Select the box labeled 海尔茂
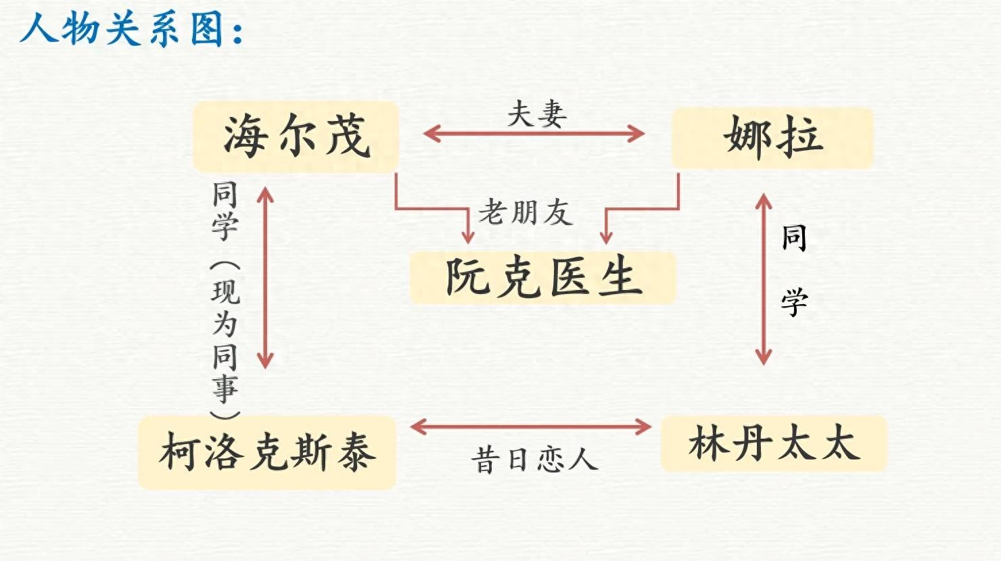(x=296, y=137)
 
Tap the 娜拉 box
(x=772, y=137)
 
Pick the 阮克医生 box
(x=542, y=277)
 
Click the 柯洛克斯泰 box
(x=266, y=452)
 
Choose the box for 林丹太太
(x=773, y=444)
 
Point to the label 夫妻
(x=537, y=114)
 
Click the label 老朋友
(x=526, y=212)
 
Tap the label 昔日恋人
(x=534, y=460)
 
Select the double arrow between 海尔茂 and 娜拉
(x=534, y=133)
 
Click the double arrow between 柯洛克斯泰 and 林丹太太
(x=531, y=426)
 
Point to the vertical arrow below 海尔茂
(x=266, y=277)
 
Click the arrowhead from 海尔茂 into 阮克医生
(x=467, y=236)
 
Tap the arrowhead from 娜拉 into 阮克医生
(x=606, y=236)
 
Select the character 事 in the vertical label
(x=225, y=388)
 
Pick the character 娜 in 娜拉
(x=748, y=137)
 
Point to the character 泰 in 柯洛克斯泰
(x=354, y=452)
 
